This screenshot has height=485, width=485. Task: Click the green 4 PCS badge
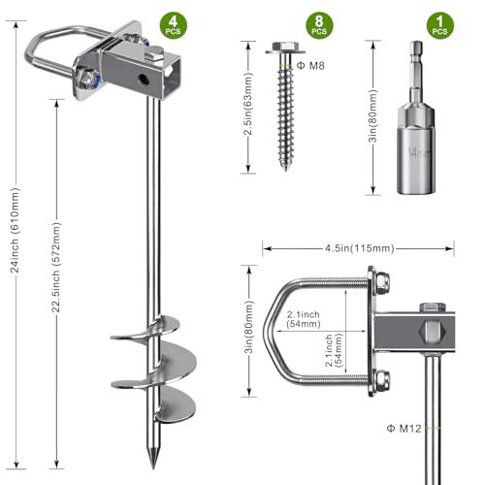174,25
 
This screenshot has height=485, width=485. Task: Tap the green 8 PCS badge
319,25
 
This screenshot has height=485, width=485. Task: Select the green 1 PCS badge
440,25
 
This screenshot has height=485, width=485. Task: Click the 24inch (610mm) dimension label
15,230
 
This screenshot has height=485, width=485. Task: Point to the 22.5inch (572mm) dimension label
56,267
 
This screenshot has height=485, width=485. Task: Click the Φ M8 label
310,66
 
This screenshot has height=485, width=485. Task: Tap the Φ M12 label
404,429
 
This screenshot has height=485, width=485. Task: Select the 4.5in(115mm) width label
360,248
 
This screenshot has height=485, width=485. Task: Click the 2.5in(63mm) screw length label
248,104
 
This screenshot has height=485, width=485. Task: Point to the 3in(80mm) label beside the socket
372,115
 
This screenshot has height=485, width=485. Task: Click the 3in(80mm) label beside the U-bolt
249,327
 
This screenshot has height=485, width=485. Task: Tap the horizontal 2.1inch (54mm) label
304,319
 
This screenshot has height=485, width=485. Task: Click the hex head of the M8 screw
285,47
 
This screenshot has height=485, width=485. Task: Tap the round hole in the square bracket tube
143,80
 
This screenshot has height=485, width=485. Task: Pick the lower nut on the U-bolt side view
382,380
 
